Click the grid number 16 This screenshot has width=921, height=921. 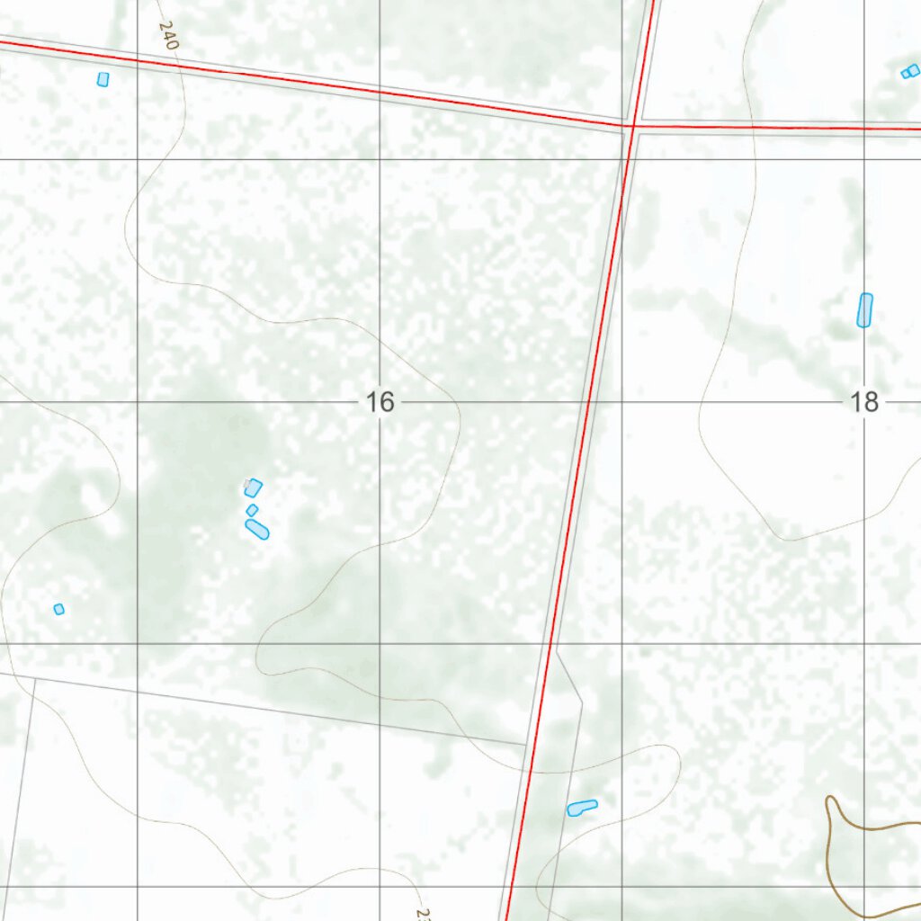point(380,402)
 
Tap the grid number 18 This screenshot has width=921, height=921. point(864,402)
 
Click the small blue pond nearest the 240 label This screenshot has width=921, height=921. point(103,79)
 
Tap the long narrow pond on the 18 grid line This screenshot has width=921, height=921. point(864,310)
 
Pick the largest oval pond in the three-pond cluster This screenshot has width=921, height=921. point(257,530)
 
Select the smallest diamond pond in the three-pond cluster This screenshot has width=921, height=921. point(252,510)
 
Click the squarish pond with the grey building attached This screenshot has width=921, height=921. point(253,487)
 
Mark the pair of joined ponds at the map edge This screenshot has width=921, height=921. point(910,71)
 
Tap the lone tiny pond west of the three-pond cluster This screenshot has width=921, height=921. point(59,609)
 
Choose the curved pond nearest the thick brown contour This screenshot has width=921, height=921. point(582,808)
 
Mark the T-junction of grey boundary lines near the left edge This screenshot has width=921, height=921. point(34,678)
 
